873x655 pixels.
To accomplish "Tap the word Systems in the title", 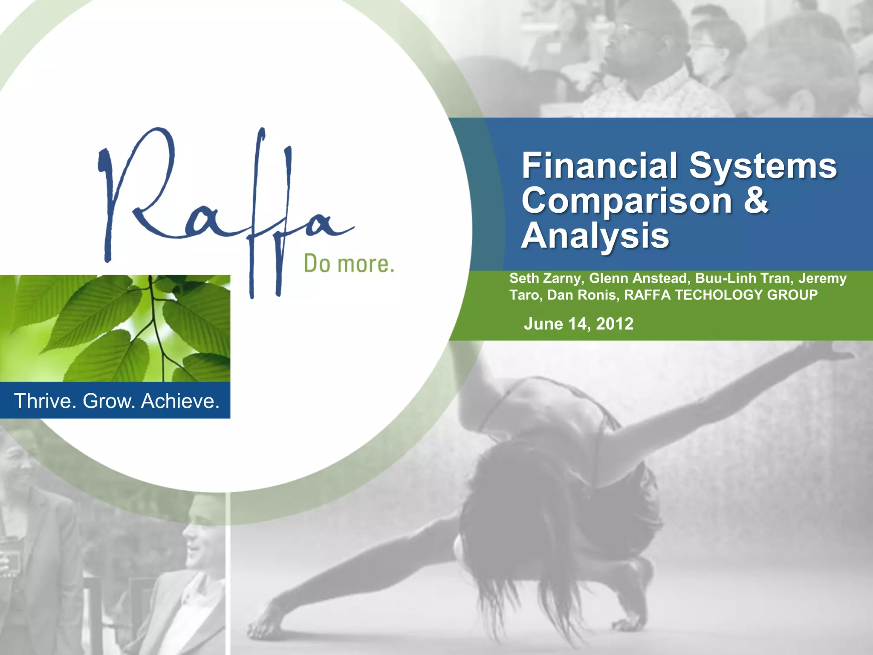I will (763, 166).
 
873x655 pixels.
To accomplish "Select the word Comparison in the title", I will (626, 201).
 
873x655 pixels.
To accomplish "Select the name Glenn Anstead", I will (638, 278).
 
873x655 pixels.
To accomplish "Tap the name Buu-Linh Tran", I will (743, 278).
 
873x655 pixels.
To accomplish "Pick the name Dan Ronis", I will (582, 295).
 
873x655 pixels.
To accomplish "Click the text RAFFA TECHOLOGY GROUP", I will (721, 295).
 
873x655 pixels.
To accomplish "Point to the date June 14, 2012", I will (578, 324).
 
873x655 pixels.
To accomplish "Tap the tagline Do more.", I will (349, 264).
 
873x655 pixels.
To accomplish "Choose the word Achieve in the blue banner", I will (180, 401).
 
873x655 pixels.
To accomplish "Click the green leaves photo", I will (115, 328).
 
